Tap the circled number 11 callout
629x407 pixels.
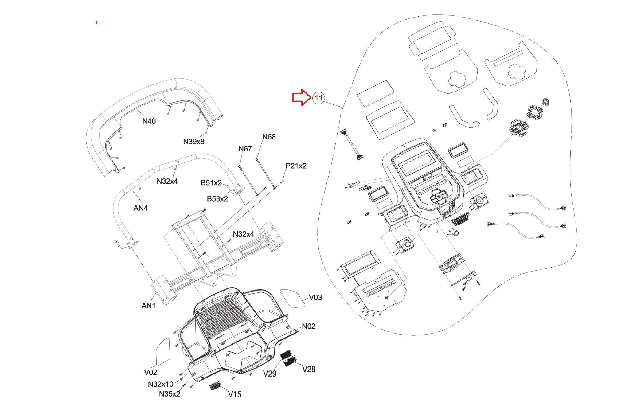[x=318, y=98]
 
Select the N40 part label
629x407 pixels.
[x=149, y=121]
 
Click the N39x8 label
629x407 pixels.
[x=193, y=142]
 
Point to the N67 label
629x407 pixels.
[x=245, y=149]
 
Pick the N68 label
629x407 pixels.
[x=269, y=137]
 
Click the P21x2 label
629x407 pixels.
[x=296, y=166]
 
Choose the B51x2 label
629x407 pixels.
[x=211, y=183]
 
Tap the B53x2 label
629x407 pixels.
[x=217, y=199]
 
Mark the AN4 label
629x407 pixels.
[x=140, y=208]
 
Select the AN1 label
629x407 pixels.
[x=148, y=306]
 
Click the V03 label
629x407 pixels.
[x=315, y=298]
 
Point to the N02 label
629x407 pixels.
[x=308, y=326]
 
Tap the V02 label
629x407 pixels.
[x=150, y=373]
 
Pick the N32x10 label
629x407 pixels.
[x=160, y=384]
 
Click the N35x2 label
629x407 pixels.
[x=170, y=394]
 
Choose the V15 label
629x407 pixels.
[x=235, y=394]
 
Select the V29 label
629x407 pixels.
[x=270, y=374]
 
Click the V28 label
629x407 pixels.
[x=309, y=370]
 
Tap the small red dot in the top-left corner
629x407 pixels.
[x=96, y=22]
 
